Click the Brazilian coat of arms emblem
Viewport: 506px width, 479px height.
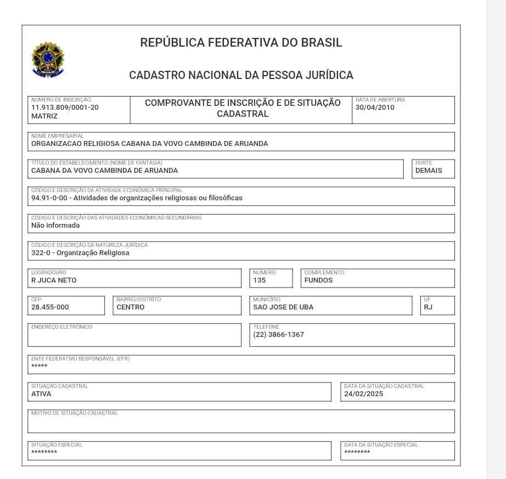(48, 59)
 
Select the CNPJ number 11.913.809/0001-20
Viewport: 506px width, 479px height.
(65, 108)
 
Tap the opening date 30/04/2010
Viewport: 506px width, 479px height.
(375, 108)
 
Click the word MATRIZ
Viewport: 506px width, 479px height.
(44, 116)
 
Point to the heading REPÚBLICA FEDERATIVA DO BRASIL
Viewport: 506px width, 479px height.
(241, 42)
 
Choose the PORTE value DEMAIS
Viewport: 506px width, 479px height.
(429, 171)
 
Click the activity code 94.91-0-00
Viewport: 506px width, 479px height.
(49, 198)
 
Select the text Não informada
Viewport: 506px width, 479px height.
(55, 226)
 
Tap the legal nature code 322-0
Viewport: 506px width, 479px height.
(41, 253)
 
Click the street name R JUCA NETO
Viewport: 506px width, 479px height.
(54, 280)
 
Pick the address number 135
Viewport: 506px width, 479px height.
(259, 280)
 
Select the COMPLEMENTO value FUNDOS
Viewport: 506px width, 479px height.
(318, 280)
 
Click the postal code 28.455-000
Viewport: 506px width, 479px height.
(50, 307)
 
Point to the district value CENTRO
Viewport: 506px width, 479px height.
(131, 307)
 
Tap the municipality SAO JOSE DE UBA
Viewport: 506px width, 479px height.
(283, 307)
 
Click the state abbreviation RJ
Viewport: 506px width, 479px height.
(428, 307)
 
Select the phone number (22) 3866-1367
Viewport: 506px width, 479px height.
(278, 335)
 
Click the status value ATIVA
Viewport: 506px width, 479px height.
(41, 394)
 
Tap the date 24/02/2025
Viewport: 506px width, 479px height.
(363, 394)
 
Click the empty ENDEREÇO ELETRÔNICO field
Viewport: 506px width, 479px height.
(134, 337)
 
